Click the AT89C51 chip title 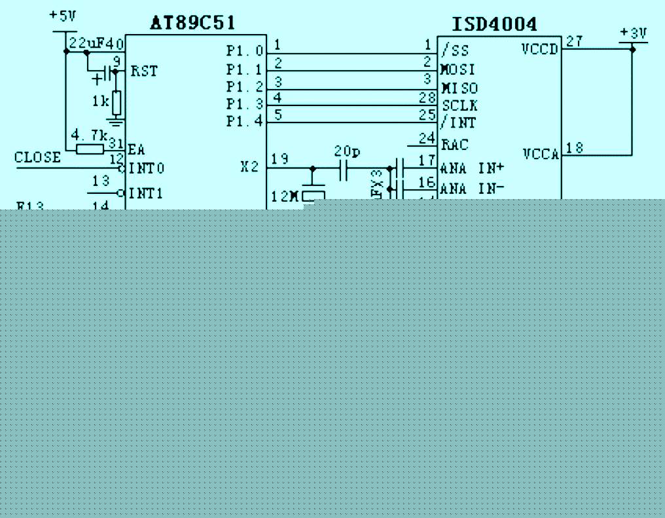[x=192, y=24]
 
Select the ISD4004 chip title [x=495, y=24]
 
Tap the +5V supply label [x=63, y=16]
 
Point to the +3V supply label [x=634, y=33]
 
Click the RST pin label [x=144, y=71]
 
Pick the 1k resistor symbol [x=117, y=103]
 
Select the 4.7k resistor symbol [x=89, y=149]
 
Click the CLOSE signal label [x=37, y=158]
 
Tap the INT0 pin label [x=147, y=168]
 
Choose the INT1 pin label [x=146, y=193]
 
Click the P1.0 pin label [x=245, y=51]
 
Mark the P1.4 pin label [x=245, y=121]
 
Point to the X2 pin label [x=249, y=167]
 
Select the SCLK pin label [x=459, y=105]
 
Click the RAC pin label [x=455, y=145]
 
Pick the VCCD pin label [x=540, y=48]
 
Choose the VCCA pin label [x=541, y=155]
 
